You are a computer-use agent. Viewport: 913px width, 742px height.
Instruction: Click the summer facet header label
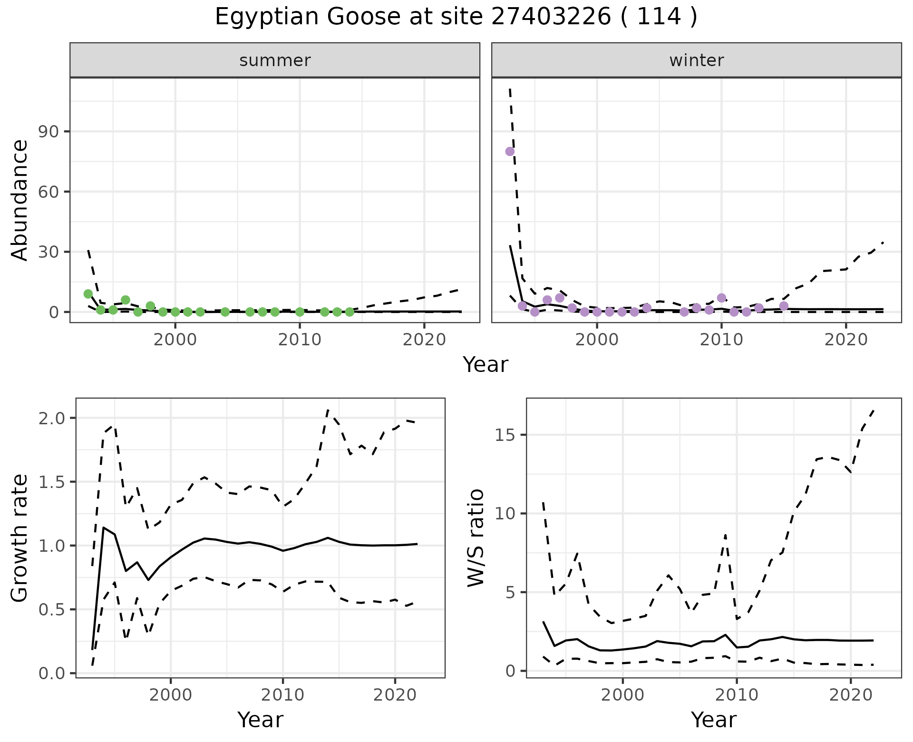click(x=275, y=60)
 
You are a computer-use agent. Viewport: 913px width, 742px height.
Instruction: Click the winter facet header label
click(x=696, y=60)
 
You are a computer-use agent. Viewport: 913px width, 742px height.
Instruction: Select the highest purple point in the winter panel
click(x=510, y=151)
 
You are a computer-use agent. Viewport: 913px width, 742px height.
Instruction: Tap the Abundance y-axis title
click(x=20, y=200)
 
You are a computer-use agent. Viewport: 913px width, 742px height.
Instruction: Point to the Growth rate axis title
click(x=20, y=538)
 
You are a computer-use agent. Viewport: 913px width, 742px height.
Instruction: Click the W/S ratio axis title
click(x=476, y=538)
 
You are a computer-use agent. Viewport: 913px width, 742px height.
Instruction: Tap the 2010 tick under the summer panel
click(x=300, y=340)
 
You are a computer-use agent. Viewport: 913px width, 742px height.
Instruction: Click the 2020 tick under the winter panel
click(x=846, y=340)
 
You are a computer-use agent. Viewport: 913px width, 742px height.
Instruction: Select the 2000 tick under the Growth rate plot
click(x=171, y=695)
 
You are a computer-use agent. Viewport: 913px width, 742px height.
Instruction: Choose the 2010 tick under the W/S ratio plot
click(x=737, y=695)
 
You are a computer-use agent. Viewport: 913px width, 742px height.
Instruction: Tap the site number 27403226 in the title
click(x=550, y=17)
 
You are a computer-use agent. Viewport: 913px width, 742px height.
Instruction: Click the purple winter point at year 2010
click(x=721, y=298)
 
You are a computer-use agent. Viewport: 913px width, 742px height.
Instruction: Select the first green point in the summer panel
click(x=88, y=294)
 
